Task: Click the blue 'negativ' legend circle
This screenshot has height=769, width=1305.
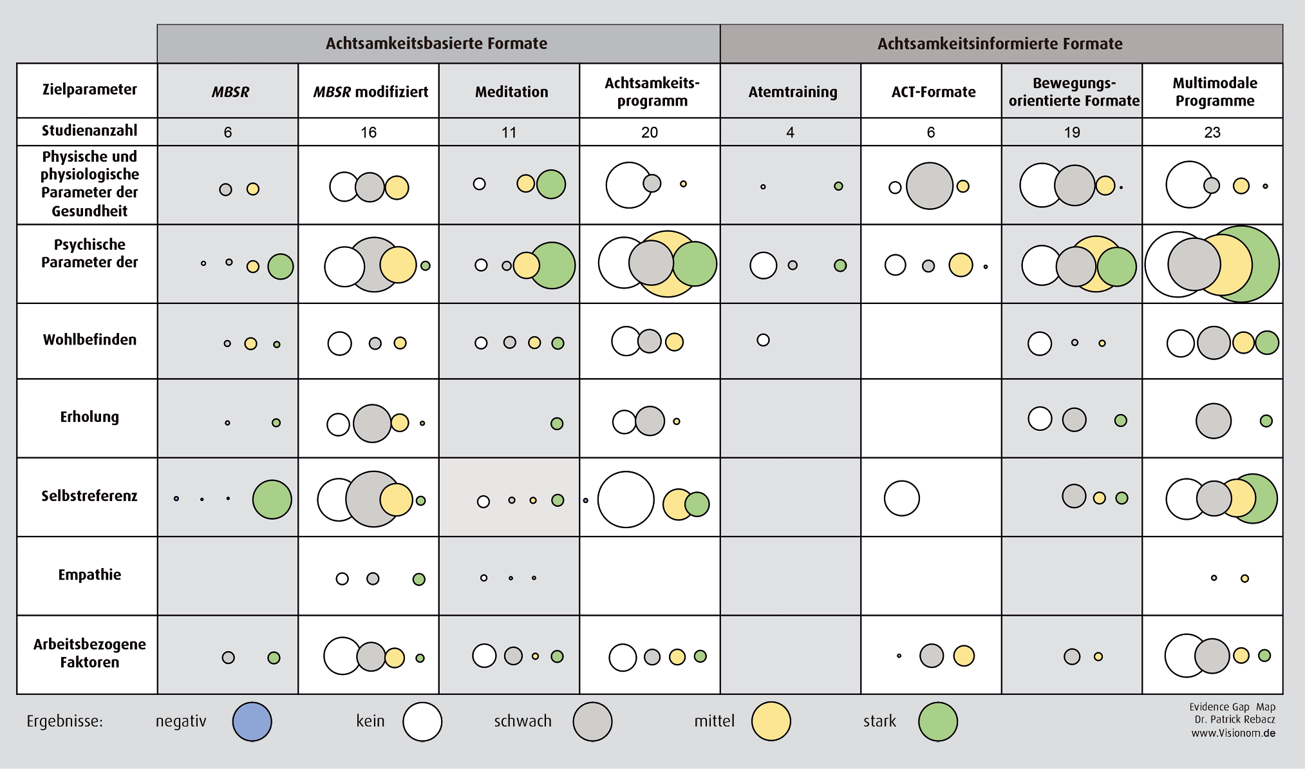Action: pos(252,721)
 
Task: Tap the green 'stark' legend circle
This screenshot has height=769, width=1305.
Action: pos(937,721)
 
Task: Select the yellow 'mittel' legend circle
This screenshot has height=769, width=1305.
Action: pos(771,721)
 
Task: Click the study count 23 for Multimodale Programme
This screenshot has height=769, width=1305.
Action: pos(1212,133)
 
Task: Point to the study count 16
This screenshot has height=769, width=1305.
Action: pos(368,133)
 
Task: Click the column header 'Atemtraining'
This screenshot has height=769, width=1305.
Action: pos(793,92)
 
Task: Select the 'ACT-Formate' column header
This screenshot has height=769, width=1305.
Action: pos(933,92)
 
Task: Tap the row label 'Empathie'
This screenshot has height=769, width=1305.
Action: pos(89,574)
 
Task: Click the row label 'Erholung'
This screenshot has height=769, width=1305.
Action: pos(89,417)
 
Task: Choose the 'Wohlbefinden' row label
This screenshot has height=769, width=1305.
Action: pos(89,339)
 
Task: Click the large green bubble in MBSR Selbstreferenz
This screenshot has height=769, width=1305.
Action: pos(272,499)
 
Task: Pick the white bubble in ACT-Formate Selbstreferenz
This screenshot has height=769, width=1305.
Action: pos(901,498)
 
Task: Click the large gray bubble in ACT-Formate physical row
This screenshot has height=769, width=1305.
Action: pos(929,186)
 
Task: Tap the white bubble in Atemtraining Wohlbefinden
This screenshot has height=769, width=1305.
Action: pos(763,339)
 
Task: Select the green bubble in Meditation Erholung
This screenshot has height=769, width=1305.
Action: pos(557,423)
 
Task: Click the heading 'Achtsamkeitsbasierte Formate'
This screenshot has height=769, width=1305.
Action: pos(436,44)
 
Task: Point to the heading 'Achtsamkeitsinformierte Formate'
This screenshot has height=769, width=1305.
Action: pos(999,44)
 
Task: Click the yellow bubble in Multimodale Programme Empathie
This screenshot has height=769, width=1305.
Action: pos(1244,578)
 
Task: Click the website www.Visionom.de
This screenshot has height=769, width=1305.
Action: pos(1233,733)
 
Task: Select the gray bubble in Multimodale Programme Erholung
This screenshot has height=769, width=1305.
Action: pos(1213,421)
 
